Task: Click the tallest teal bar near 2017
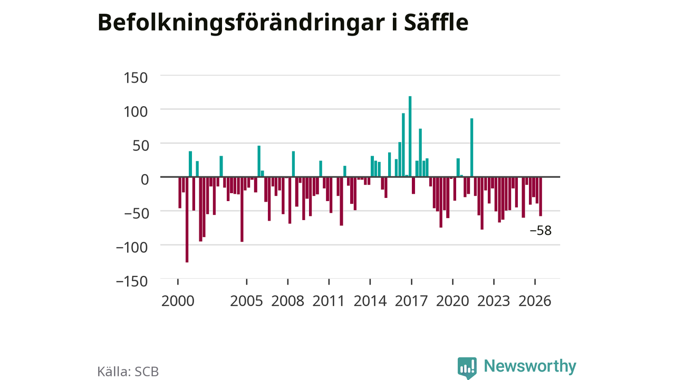pos(410,136)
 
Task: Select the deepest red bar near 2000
pos(187,220)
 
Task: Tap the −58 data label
pos(541,231)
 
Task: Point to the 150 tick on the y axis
pos(136,78)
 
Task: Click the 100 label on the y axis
pos(136,112)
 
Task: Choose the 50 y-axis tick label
pos(141,146)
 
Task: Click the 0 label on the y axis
pos(145,180)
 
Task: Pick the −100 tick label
pos(132,248)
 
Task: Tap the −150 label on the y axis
pos(132,282)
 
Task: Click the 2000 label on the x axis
pos(178,301)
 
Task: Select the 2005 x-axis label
pos(246,301)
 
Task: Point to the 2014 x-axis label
pos(370,301)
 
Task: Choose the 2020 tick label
pos(452,301)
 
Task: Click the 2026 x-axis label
pos(535,301)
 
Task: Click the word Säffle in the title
pos(436,22)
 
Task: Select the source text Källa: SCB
pos(128,371)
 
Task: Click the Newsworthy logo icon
pos(467,368)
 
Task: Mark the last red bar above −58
pos(541,196)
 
